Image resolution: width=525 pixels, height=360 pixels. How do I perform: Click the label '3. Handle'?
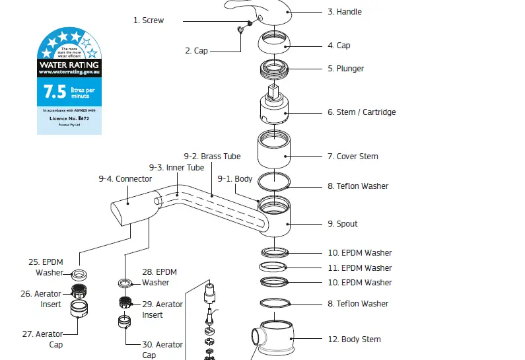[344, 12]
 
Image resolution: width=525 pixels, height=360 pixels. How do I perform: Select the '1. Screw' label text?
[149, 20]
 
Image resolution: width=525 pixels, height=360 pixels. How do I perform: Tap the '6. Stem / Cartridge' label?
[361, 112]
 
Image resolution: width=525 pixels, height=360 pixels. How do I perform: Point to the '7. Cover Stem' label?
[353, 157]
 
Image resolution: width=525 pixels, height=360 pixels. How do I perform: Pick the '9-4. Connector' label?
[125, 179]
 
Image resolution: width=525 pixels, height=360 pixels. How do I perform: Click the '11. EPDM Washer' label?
[359, 268]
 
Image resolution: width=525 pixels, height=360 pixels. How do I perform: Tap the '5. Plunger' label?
[345, 69]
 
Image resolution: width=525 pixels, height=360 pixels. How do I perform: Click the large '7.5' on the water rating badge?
[50, 90]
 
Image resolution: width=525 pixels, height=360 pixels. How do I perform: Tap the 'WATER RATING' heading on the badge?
[69, 65]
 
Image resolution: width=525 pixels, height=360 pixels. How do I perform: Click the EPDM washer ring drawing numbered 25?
[79, 273]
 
